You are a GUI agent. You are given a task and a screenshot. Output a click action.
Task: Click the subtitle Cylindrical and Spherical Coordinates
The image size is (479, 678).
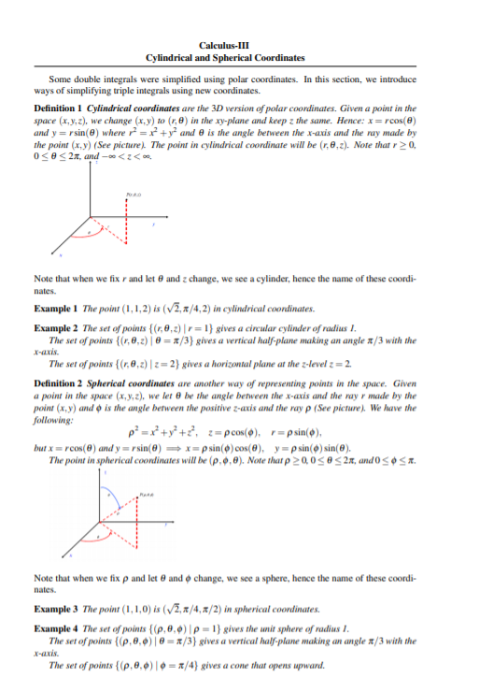[x=239, y=57]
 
